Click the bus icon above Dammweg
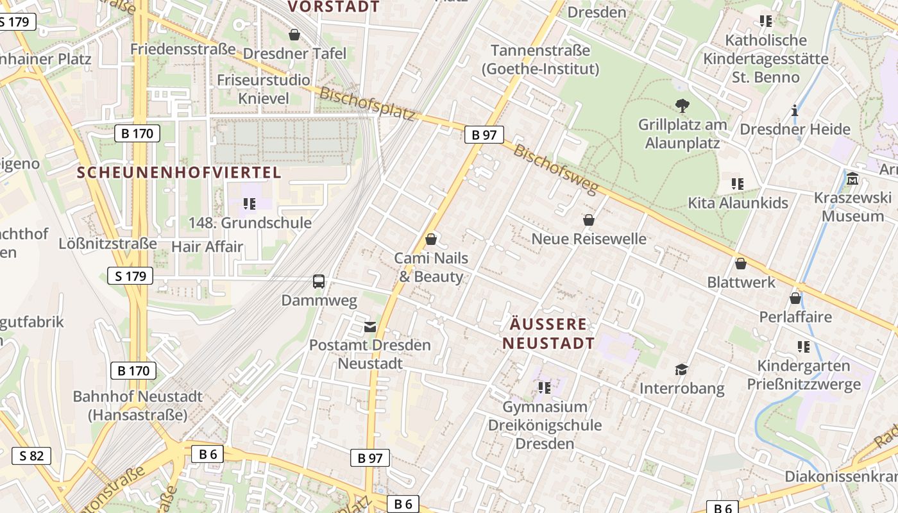(319, 281)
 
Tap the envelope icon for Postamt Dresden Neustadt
(370, 326)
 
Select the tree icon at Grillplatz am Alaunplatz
(682, 105)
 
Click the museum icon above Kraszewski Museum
(852, 178)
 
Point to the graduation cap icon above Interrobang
(681, 369)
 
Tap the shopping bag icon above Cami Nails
(431, 239)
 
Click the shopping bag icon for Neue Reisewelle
(589, 220)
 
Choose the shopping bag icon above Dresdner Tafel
(294, 34)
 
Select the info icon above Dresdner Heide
(795, 110)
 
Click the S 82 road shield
(31, 456)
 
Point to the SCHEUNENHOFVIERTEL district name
(179, 172)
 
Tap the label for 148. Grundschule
(250, 223)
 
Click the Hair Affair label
(207, 246)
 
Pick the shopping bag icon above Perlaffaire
(795, 298)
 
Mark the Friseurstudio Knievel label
(264, 89)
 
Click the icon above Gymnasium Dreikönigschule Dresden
(545, 387)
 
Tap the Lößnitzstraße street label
(107, 244)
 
